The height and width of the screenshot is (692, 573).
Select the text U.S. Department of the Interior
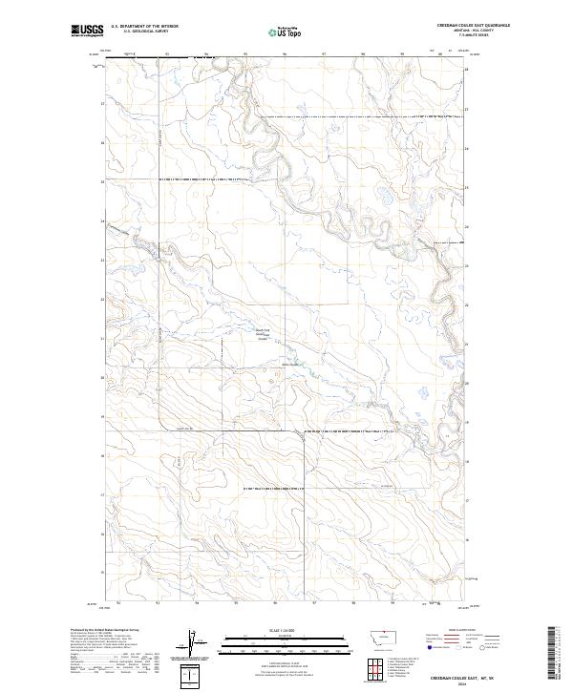pos(144,27)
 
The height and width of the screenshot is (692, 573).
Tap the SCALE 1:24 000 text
pos(273,629)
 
